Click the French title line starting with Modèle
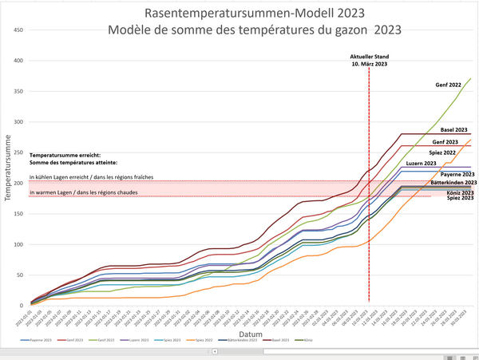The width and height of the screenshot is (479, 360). [254, 30]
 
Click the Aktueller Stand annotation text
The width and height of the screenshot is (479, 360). [369, 56]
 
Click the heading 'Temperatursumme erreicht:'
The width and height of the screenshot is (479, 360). [64, 156]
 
